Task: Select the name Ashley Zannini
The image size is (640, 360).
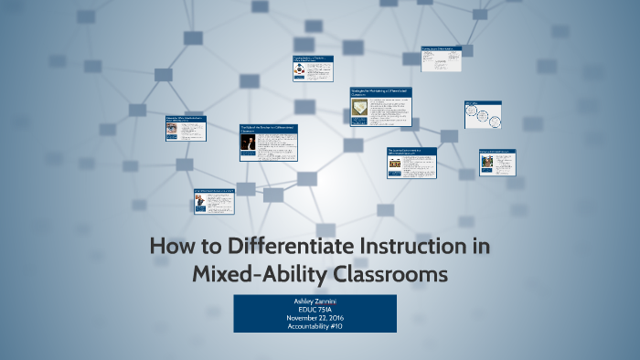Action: click(315, 301)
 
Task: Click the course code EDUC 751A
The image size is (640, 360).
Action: click(315, 310)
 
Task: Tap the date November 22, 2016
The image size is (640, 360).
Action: click(315, 318)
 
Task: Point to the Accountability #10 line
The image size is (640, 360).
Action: click(315, 327)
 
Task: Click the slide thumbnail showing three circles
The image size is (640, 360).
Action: click(483, 115)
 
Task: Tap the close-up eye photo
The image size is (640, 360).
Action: click(172, 131)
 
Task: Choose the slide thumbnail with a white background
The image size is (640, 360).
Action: click(441, 58)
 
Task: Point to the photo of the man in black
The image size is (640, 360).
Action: click(247, 146)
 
